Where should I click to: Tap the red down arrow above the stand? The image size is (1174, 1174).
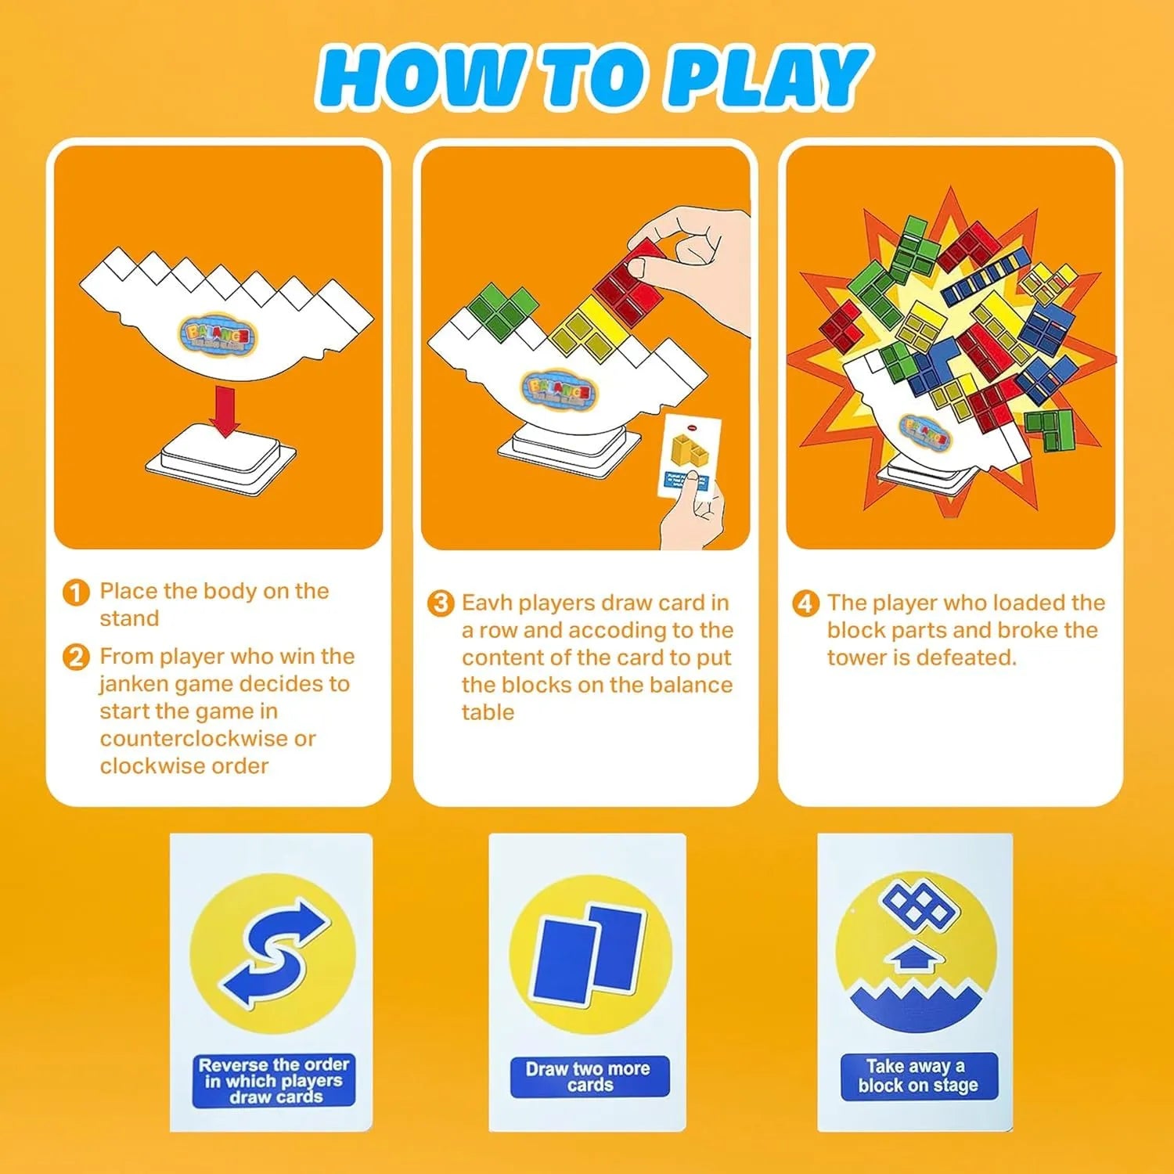tap(225, 411)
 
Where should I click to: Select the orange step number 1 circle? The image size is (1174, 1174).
tap(76, 592)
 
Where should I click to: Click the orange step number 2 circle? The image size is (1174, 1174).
tap(76, 657)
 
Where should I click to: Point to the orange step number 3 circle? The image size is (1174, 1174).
tap(441, 603)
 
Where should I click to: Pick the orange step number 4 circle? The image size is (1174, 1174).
tap(805, 603)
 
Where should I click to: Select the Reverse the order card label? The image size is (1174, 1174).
tap(274, 1080)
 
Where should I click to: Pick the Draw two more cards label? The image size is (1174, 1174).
tap(589, 1077)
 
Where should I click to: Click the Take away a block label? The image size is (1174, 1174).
tap(918, 1076)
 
